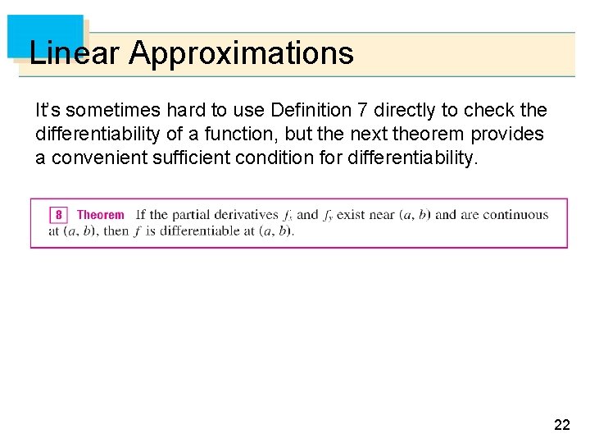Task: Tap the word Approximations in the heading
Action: (x=241, y=53)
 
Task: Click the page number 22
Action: (x=562, y=424)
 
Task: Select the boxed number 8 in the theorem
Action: (x=59, y=215)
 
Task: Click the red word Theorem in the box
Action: (x=101, y=215)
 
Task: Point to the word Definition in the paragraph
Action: (x=310, y=110)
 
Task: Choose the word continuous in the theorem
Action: (x=515, y=215)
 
